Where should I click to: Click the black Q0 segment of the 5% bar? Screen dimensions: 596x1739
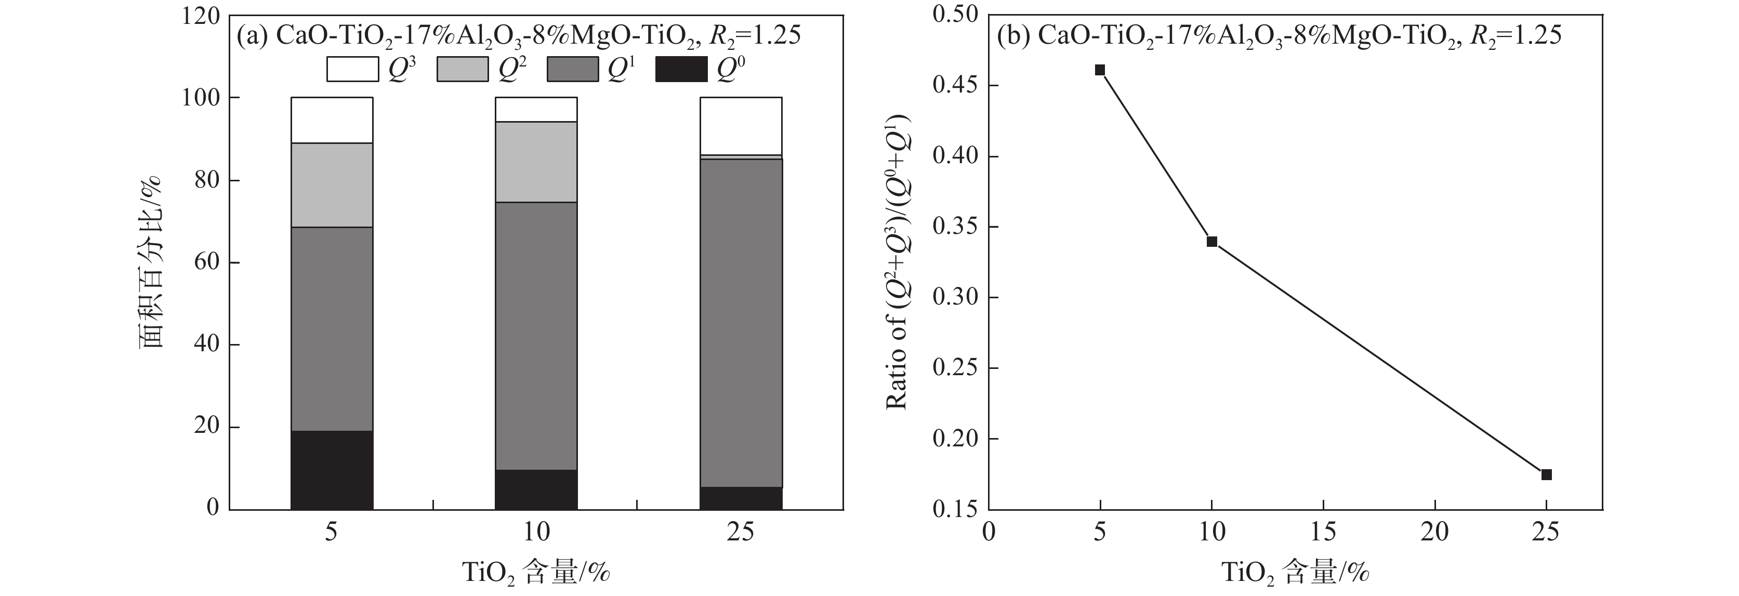tap(332, 470)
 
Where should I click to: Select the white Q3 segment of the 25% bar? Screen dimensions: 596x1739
tap(741, 126)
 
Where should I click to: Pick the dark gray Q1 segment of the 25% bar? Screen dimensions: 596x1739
tap(741, 323)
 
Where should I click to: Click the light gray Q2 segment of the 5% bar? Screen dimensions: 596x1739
tap(332, 185)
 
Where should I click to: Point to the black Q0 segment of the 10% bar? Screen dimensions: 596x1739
tap(536, 489)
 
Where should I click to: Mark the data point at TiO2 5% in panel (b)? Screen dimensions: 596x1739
tap(1100, 70)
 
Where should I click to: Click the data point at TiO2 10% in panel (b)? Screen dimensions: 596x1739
tap(1212, 242)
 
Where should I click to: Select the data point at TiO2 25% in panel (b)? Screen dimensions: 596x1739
tap(1547, 474)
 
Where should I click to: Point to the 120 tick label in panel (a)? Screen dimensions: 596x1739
tap(201, 16)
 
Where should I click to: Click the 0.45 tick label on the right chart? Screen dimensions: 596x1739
tap(956, 86)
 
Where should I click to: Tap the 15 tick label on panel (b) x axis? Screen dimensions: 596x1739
tap(1323, 533)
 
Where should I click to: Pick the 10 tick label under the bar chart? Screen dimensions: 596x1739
tap(536, 533)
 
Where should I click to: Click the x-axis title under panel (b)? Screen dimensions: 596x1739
tap(1295, 573)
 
